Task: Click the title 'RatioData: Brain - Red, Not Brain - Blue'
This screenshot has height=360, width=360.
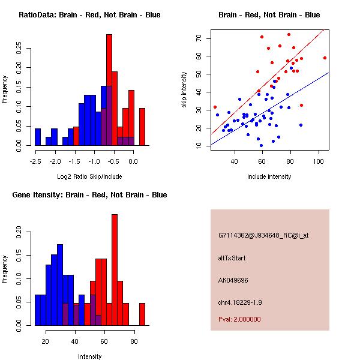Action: (89, 14)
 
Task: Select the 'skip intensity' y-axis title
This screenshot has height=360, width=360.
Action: (185, 90)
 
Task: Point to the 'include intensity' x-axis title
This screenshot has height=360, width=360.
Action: (269, 176)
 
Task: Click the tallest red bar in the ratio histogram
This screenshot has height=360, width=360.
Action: (109, 90)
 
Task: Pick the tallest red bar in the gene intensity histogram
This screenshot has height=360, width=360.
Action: (115, 270)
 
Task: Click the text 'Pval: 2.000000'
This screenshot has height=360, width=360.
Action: (239, 319)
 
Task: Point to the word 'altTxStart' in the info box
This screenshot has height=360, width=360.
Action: (232, 258)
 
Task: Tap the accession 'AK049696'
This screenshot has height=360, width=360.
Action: (233, 280)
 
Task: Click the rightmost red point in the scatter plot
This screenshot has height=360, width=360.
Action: (325, 58)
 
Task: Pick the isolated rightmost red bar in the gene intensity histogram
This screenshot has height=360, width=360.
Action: (142, 314)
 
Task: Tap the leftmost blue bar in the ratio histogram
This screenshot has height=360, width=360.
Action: (38, 137)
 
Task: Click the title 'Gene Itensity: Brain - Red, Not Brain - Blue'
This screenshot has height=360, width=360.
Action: (89, 195)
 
